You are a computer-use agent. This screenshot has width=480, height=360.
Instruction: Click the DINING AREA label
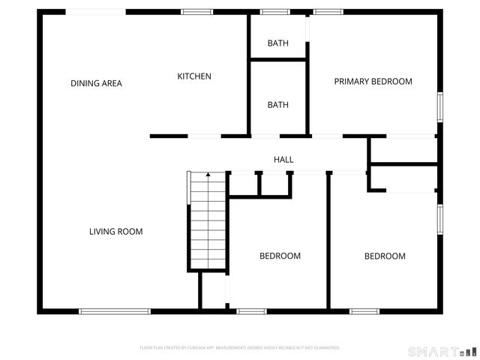pos(96,83)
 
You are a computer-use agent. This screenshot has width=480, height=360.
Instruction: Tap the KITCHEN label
pos(194,76)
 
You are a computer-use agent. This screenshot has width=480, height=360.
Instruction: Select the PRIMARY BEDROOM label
pos(373,81)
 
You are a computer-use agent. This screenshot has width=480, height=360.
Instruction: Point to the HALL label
pos(283,160)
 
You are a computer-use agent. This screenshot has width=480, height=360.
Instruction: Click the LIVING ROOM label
pos(115,232)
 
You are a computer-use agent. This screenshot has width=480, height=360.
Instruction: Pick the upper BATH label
pos(277,43)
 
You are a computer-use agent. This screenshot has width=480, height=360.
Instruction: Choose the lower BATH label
pos(277,105)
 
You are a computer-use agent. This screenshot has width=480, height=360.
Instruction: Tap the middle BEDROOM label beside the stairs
pos(280,256)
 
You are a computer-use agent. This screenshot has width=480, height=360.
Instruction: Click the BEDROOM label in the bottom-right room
pos(385,256)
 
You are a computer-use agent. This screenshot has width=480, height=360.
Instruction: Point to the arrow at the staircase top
pos(208,175)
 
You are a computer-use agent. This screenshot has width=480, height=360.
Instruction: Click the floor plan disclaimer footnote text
pos(240,348)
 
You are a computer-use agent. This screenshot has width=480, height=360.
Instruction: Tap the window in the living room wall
pos(115,311)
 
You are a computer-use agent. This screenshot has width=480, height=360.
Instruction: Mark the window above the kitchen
pos(196,12)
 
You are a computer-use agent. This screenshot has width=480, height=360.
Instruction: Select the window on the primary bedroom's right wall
pos(440,106)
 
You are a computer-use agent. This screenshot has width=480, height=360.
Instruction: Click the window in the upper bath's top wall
pos(274,12)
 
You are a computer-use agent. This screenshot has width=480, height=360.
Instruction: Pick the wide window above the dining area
pos(96,12)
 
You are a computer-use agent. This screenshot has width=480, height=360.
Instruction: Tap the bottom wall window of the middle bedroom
pos(251,311)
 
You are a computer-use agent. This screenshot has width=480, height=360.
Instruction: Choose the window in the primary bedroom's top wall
pos(326,12)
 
